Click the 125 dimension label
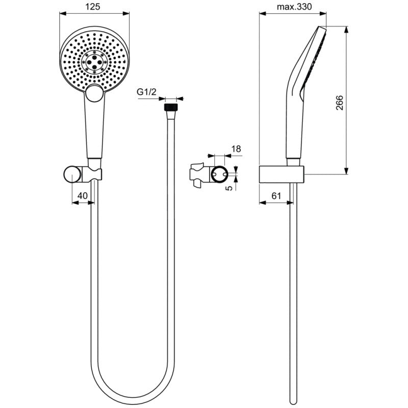click(x=93, y=7)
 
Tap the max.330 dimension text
click(x=294, y=7)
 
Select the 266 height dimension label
click(x=340, y=103)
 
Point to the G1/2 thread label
click(x=146, y=92)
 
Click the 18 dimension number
click(x=236, y=149)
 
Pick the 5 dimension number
click(x=229, y=188)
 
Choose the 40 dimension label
click(x=83, y=195)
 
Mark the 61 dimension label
click(x=276, y=195)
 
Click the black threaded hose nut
click(x=171, y=107)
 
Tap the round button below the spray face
click(x=95, y=93)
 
